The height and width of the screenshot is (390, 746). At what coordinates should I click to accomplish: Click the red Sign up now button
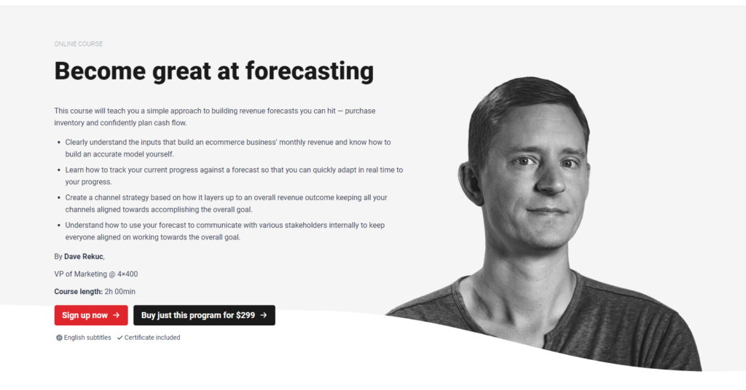coord(90,315)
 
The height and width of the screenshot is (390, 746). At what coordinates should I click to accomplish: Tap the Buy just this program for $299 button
coord(204,315)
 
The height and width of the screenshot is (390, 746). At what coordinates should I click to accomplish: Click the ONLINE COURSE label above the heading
coord(79,44)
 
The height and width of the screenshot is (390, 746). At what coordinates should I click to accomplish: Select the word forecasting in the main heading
coord(310,71)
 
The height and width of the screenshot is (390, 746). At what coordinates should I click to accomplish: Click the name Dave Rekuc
coord(84,257)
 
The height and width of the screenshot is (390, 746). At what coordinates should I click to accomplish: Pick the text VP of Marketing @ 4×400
coord(96,274)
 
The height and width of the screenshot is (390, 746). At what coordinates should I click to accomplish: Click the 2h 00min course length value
coord(120,292)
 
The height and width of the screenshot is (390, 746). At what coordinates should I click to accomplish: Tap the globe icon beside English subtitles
coord(59,338)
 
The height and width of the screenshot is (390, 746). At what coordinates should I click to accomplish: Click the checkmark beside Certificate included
coord(119,338)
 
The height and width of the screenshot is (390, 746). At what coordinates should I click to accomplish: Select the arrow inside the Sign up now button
coord(117,315)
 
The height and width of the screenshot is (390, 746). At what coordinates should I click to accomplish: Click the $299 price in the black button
coord(246,315)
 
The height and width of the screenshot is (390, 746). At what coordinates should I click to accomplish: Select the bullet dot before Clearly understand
coord(58,143)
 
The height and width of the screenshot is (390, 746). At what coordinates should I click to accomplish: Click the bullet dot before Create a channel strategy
coord(58,198)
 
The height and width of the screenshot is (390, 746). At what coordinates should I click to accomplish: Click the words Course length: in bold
coord(78,292)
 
